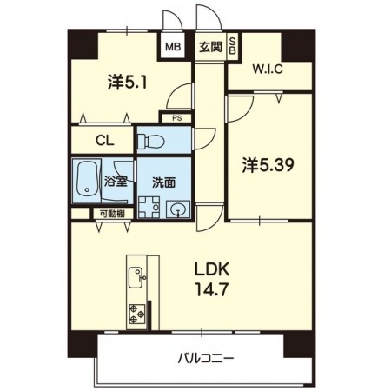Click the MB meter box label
click(x=173, y=47)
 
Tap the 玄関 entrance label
click(x=210, y=47)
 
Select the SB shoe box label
click(x=233, y=46)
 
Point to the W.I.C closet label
click(x=268, y=70)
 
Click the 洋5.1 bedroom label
click(x=128, y=82)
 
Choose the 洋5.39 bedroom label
click(x=268, y=165)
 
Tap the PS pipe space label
click(x=177, y=118)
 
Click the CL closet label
click(x=105, y=141)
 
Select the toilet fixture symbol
click(x=151, y=142)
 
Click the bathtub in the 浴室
click(x=87, y=180)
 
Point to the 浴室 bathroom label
click(x=116, y=182)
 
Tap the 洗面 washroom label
click(x=164, y=182)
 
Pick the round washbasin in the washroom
click(x=177, y=209)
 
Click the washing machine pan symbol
click(x=149, y=207)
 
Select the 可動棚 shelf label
click(x=112, y=214)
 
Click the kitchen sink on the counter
click(x=136, y=278)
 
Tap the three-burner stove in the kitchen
click(x=137, y=314)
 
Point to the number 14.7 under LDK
click(x=212, y=289)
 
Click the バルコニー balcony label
click(x=205, y=359)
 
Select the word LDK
click(x=212, y=269)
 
